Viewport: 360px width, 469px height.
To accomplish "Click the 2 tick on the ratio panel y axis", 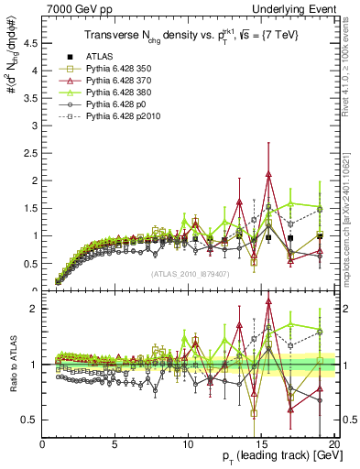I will coord(34,309).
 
